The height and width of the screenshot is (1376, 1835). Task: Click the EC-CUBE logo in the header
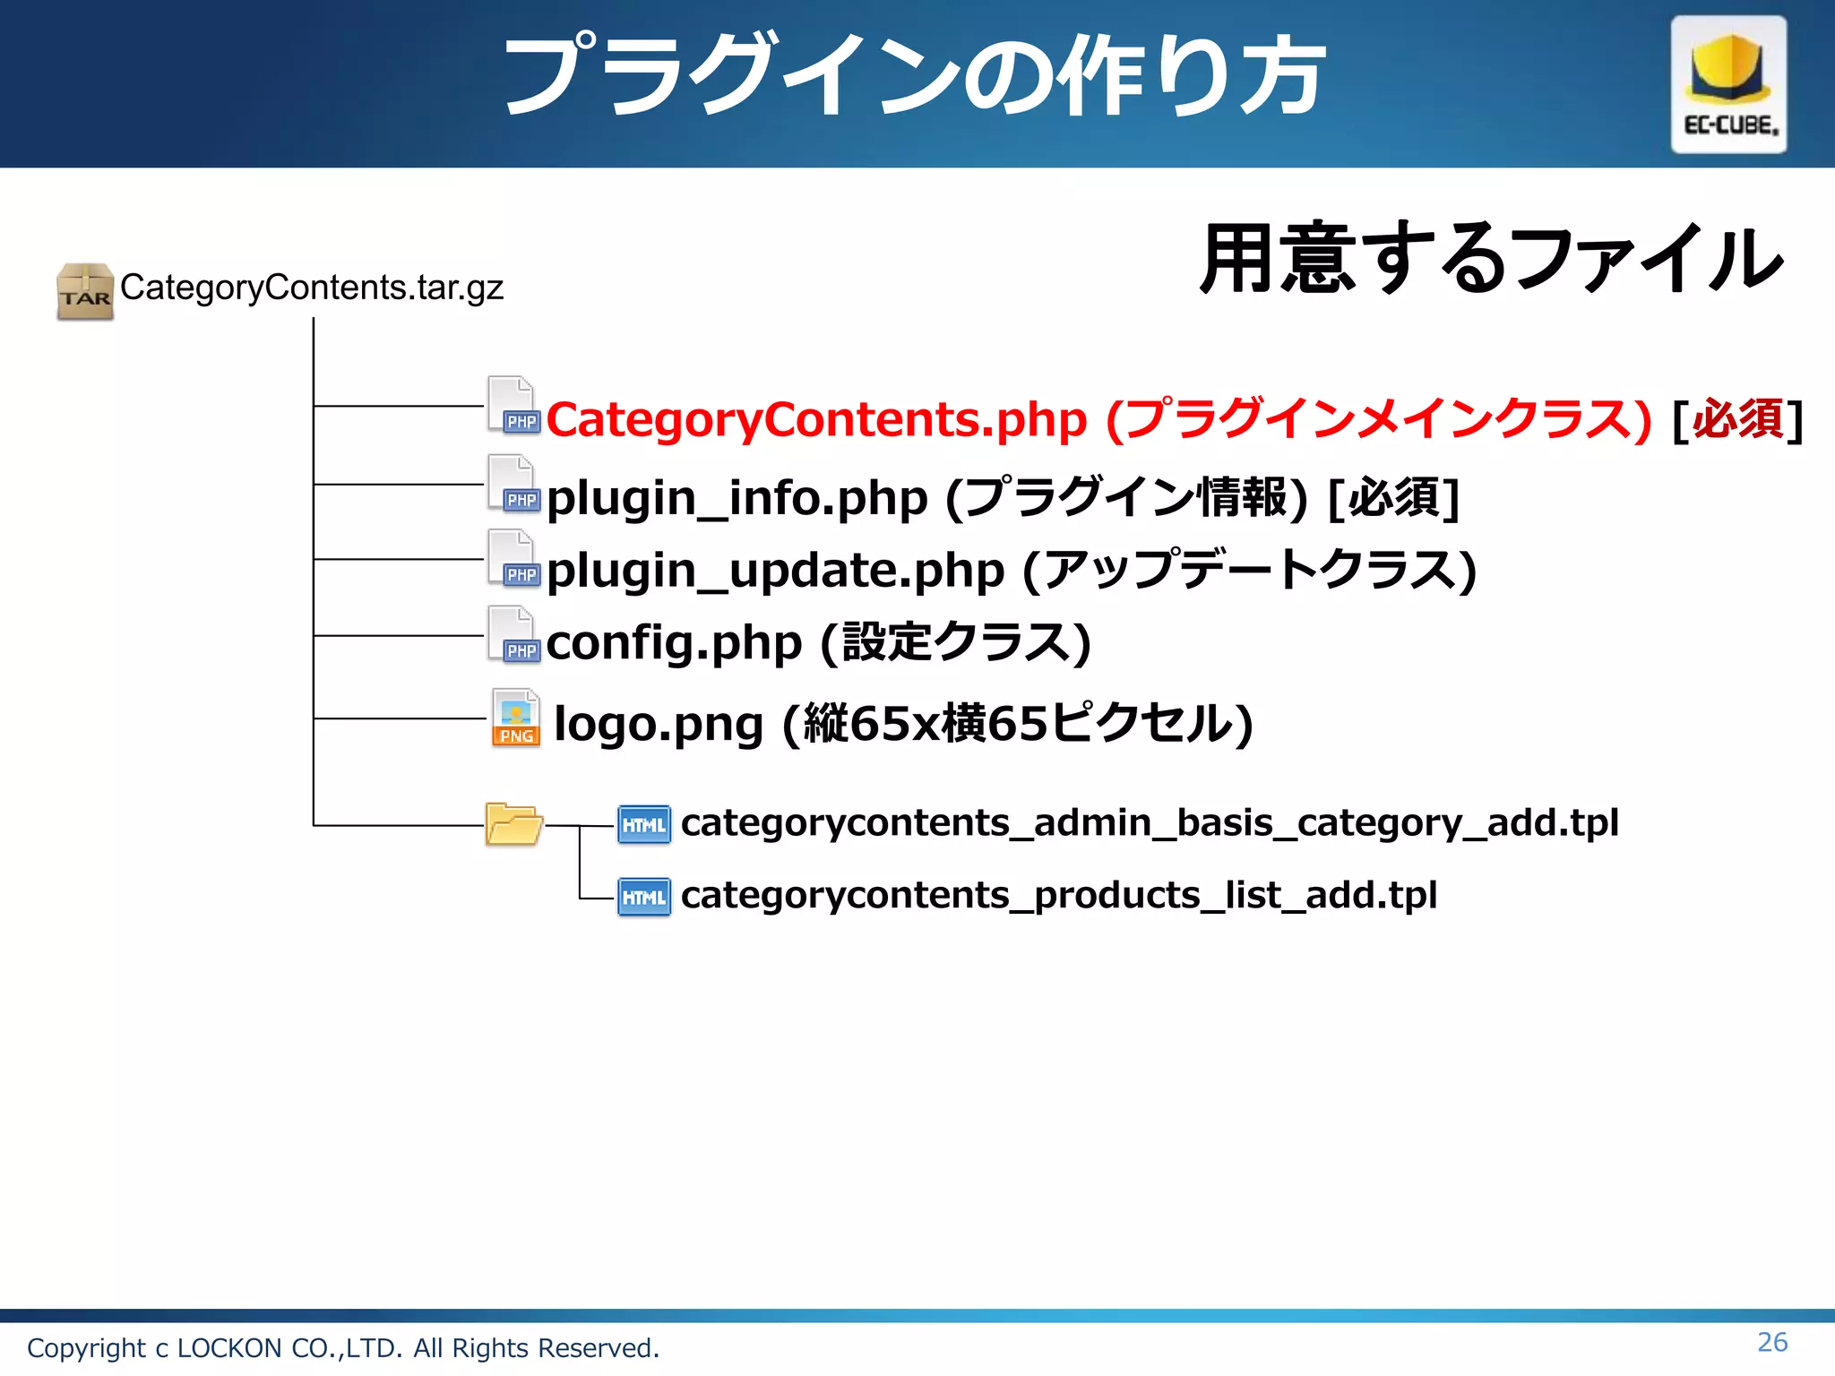(1727, 84)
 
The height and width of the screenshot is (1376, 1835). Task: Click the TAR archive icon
(84, 291)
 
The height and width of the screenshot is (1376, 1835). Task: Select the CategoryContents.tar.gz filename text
(311, 288)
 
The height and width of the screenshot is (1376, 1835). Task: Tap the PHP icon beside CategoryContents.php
(513, 406)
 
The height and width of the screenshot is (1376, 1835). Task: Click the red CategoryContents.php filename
(815, 419)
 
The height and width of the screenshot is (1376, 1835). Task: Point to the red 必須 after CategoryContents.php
(1737, 419)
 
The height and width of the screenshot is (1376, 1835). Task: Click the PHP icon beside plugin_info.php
(513, 484)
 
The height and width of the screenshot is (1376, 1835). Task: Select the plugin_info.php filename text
(737, 498)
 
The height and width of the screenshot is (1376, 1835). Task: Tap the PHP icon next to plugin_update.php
(513, 559)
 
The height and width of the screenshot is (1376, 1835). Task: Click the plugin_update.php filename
(775, 571)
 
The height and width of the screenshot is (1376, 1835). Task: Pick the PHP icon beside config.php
(513, 635)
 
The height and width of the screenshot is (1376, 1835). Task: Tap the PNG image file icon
(516, 718)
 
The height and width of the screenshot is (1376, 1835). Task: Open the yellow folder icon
(513, 824)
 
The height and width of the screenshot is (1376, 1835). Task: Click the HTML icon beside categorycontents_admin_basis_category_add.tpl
(643, 824)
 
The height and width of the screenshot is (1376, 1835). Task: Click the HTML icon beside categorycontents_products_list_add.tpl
(643, 897)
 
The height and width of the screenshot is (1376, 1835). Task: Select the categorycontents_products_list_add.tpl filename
(1058, 896)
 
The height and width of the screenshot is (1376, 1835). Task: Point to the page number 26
(1771, 1342)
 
